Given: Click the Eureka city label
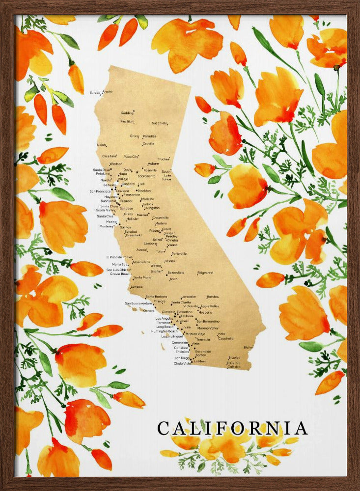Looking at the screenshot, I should click(x=95, y=92).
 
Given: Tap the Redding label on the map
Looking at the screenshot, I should click(x=127, y=112).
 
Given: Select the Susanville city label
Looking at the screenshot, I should click(x=160, y=123).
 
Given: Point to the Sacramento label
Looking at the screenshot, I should click(x=146, y=176).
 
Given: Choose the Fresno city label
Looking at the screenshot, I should click(x=155, y=230).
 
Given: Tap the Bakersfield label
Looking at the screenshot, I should click(x=175, y=272).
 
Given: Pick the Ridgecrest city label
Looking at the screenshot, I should click(x=205, y=272).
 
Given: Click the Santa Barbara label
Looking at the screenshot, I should click(x=157, y=297).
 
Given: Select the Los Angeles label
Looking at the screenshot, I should click(x=165, y=318).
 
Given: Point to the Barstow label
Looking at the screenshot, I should click(x=213, y=297).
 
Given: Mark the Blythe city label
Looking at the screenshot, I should click(x=248, y=347).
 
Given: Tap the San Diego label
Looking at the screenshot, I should click(x=181, y=358).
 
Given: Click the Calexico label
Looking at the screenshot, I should click(x=233, y=366).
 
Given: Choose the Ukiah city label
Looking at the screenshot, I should click(x=101, y=145).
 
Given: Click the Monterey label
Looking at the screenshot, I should click(x=107, y=226).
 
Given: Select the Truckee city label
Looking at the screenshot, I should click(x=164, y=159).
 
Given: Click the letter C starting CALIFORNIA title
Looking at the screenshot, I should click(x=165, y=428).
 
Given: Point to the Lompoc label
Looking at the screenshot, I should click(x=137, y=286).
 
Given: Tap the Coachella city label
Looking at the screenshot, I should click(x=226, y=338).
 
